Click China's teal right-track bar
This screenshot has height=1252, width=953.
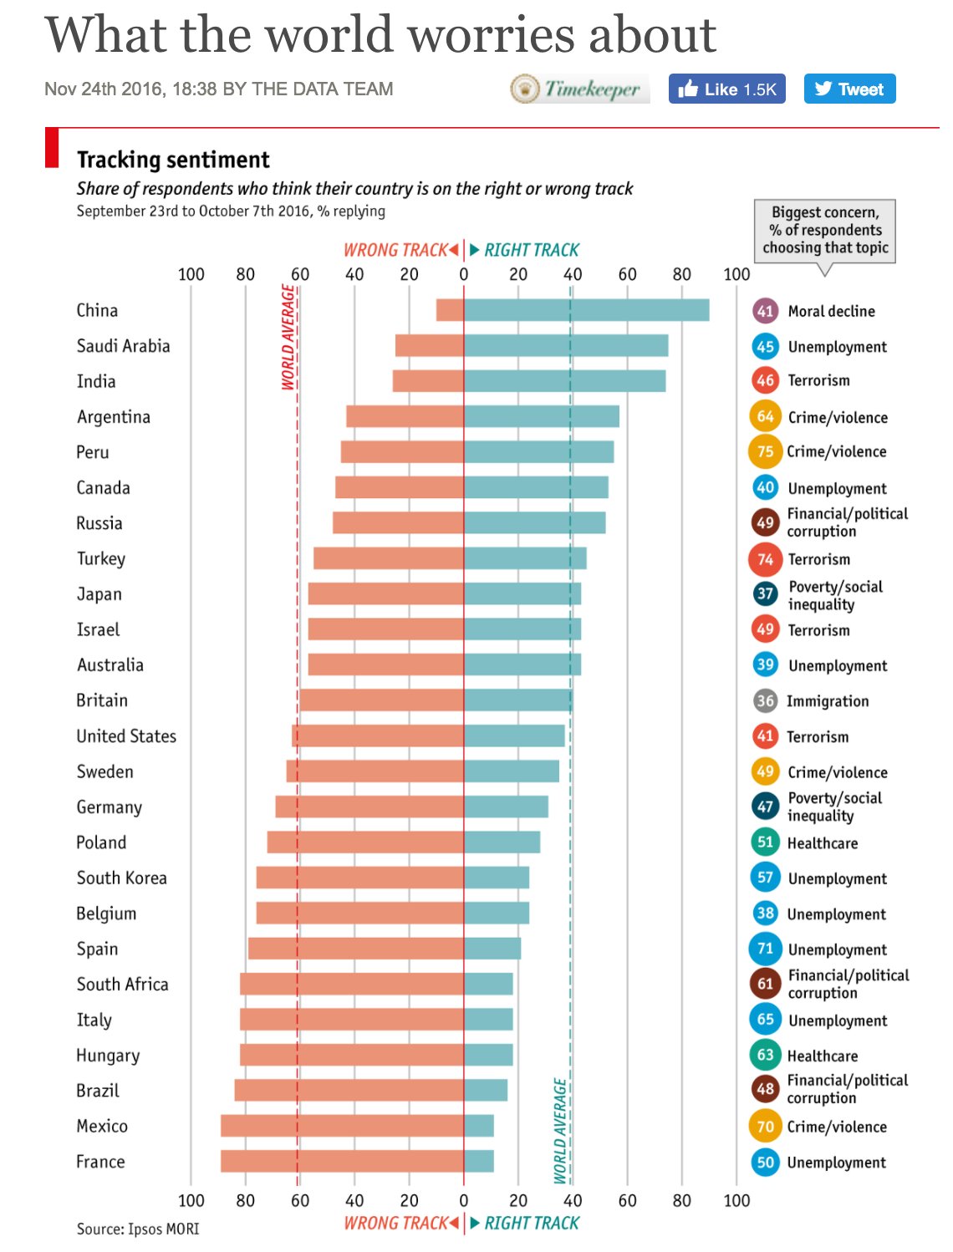pos(586,310)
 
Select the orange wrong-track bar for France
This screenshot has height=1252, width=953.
pos(342,1161)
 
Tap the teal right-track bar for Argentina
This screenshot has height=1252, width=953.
pos(542,416)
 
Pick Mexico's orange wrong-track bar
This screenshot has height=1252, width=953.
pos(342,1125)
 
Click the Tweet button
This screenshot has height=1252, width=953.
pos(849,89)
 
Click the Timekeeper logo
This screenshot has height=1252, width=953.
pos(579,89)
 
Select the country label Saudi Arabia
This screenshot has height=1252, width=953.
pos(123,346)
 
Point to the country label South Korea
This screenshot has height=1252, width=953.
pos(121,878)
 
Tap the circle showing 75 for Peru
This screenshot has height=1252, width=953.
pos(765,451)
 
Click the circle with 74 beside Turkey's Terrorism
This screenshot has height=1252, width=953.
pos(765,559)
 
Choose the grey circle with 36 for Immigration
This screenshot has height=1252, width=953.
pos(765,700)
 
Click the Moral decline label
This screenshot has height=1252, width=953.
pos(831,311)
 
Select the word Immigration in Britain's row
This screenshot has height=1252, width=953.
pos(828,701)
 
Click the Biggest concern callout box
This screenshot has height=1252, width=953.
pos(824,231)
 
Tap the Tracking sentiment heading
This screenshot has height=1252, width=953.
pos(173,160)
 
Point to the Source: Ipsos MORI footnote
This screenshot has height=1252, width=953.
pos(138,1229)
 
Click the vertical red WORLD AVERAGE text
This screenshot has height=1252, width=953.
pos(288,337)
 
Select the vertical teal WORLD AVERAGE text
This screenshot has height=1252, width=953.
pos(561,1131)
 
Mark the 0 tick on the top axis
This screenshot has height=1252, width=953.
pos(464,274)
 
